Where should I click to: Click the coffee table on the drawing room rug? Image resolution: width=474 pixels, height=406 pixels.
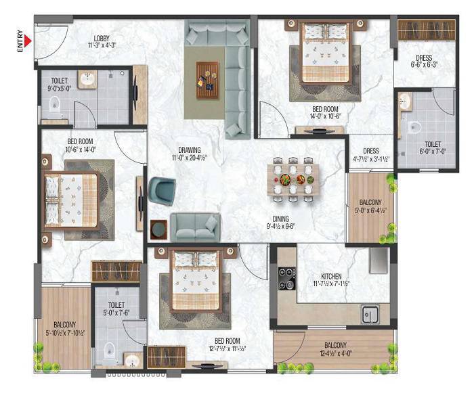[x=207, y=74]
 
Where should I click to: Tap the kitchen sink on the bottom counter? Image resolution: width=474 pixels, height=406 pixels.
[x=369, y=314]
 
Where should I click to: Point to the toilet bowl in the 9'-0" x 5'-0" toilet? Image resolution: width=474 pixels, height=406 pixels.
[x=55, y=104]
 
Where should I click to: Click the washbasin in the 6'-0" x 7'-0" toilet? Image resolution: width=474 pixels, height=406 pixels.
[x=404, y=101]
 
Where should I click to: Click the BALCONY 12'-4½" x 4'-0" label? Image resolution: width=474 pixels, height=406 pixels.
[x=333, y=348]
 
